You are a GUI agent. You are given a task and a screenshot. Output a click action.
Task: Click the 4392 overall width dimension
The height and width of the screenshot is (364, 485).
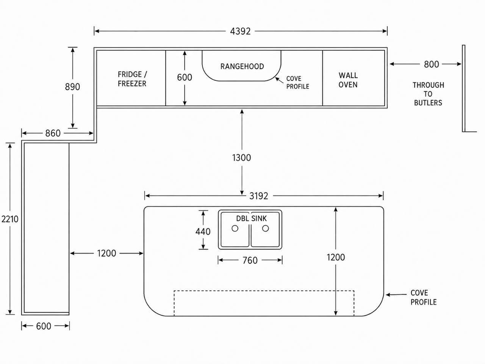click(240, 31)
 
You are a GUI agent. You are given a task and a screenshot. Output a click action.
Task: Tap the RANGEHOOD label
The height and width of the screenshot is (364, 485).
click(242, 66)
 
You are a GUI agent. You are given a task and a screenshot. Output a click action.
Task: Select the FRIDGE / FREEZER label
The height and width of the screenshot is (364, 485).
click(132, 79)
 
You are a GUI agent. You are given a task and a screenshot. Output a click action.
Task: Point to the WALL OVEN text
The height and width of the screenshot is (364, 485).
click(348, 80)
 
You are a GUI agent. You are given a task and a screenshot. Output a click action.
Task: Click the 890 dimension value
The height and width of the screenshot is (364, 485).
click(72, 87)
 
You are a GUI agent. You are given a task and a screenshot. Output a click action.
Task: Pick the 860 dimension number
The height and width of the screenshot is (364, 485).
click(53, 133)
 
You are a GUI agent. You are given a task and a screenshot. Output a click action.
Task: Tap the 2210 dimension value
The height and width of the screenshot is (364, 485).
click(10, 219)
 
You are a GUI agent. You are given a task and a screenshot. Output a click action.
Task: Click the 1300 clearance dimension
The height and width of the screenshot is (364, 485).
click(241, 158)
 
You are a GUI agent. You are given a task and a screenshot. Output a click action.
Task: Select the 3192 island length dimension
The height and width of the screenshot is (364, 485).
click(259, 196)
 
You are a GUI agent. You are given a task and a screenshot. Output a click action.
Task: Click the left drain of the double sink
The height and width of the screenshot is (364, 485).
click(235, 229)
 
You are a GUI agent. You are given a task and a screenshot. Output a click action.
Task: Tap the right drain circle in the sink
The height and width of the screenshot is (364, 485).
click(265, 228)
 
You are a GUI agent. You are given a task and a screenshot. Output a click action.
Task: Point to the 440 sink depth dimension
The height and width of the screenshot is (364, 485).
click(203, 232)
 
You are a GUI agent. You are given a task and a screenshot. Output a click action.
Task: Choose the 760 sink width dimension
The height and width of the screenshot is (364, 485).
click(250, 260)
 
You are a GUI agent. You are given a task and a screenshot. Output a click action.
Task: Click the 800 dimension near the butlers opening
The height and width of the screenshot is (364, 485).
click(431, 64)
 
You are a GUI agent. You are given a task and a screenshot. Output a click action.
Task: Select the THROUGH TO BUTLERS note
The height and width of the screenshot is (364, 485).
click(428, 94)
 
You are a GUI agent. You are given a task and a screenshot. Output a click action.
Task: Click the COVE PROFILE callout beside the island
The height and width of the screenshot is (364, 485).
click(424, 298)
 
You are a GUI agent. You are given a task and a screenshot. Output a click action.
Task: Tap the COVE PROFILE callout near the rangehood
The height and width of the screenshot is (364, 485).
click(297, 82)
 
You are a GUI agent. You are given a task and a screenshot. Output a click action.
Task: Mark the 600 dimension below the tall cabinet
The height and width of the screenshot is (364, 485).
click(44, 326)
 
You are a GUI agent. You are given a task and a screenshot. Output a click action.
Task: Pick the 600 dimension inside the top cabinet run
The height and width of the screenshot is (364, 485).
click(185, 77)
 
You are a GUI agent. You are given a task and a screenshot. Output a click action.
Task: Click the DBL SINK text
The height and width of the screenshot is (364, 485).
click(252, 218)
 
